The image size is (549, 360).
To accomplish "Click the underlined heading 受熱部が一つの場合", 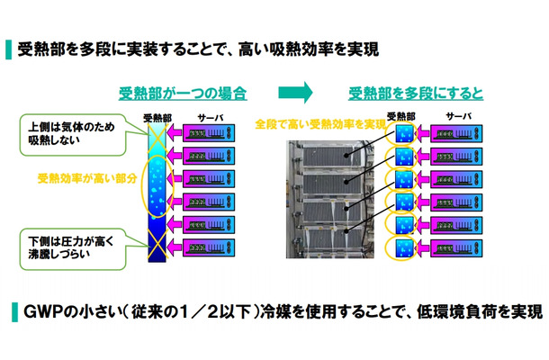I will click(183, 93).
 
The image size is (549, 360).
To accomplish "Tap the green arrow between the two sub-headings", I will click(295, 92).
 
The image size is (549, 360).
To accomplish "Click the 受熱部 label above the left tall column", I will click(159, 117).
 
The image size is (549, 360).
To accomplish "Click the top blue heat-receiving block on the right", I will click(401, 134).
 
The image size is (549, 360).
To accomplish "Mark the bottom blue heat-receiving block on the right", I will click(401, 247).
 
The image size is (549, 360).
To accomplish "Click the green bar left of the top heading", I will click(9, 47).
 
